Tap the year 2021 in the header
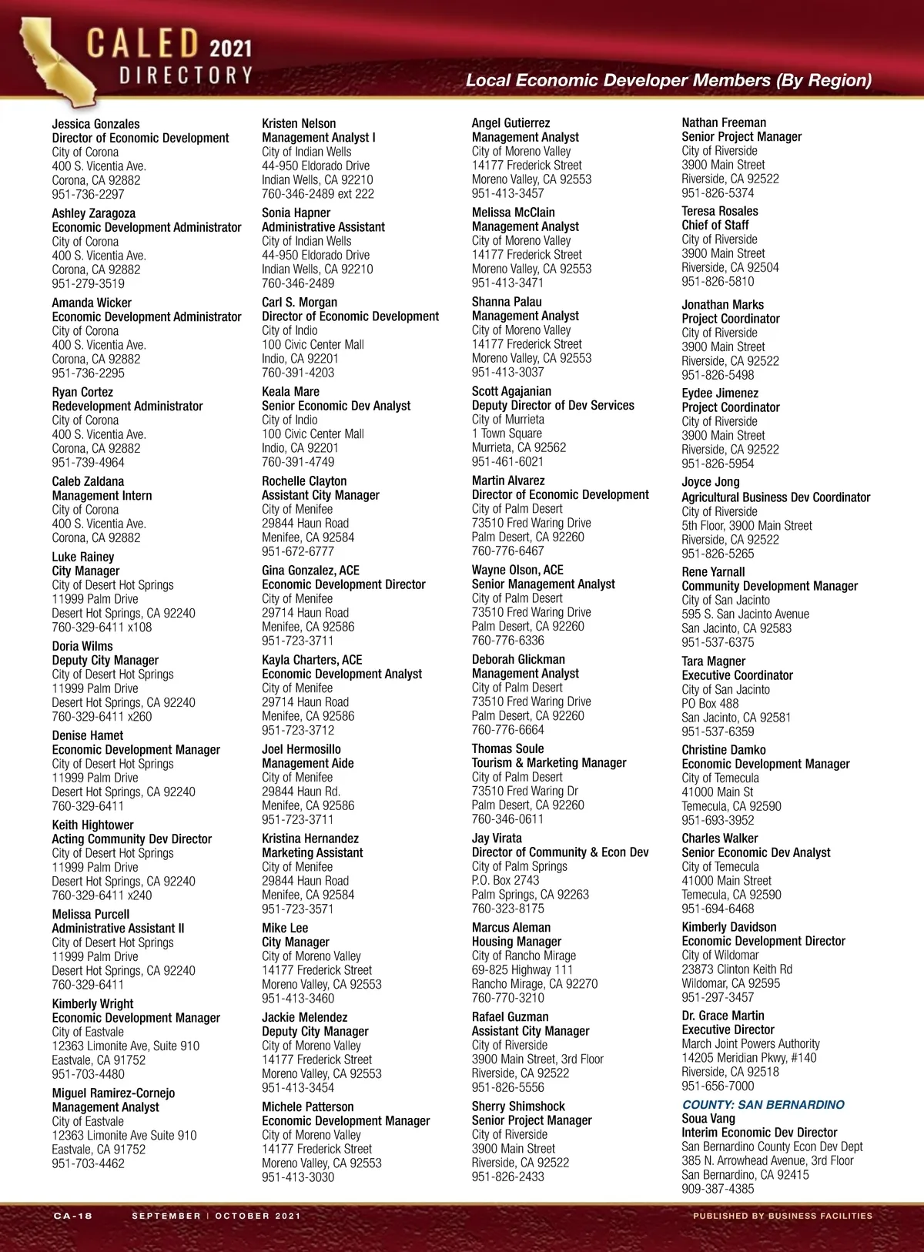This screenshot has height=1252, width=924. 230,49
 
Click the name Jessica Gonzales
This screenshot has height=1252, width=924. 95,124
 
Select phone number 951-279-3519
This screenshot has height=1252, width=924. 88,283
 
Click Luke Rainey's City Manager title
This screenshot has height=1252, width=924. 85,571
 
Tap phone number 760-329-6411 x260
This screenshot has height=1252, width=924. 102,716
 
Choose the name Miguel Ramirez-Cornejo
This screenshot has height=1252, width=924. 113,1093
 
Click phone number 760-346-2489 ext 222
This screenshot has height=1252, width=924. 317,194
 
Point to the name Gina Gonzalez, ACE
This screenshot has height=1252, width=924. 310,571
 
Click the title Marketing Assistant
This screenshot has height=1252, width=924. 312,853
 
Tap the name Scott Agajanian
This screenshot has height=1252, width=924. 511,392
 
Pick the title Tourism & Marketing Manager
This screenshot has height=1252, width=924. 549,763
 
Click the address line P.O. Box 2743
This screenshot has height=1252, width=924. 505,881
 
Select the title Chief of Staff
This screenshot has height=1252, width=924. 715,226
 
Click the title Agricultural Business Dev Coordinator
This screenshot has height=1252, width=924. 775,497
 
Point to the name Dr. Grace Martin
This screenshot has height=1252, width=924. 722,1016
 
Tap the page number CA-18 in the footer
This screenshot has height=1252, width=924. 73,1216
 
